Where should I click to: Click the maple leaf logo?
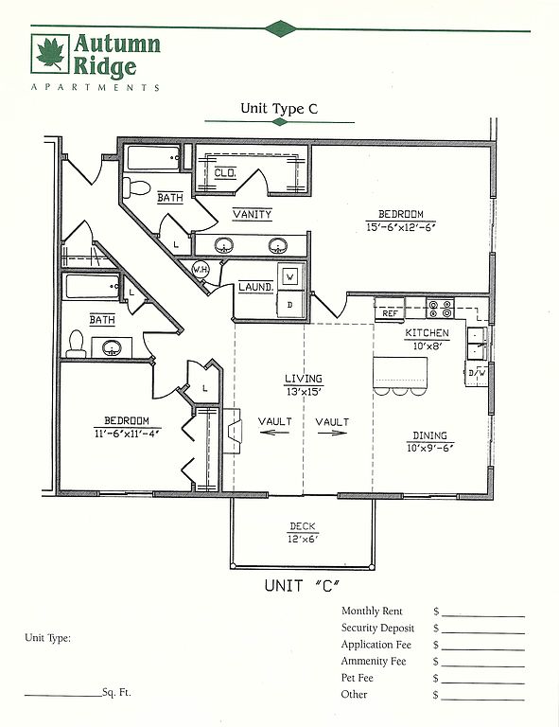(50, 53)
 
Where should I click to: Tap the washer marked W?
(290, 277)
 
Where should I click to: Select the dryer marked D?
(290, 304)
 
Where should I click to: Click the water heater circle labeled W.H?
(201, 270)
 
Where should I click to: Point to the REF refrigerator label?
(390, 313)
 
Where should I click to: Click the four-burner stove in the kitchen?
(440, 309)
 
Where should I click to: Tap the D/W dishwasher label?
(477, 372)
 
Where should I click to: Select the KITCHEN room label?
(427, 333)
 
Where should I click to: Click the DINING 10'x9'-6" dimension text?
(430, 448)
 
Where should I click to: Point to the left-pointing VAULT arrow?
(274, 433)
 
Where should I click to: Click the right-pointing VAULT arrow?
(332, 433)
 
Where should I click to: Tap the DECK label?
(303, 526)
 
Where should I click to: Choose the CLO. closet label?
(225, 173)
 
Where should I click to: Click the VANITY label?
(252, 214)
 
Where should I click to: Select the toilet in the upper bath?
(135, 187)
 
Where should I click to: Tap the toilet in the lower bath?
(76, 344)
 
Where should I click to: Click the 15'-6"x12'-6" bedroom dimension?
(401, 227)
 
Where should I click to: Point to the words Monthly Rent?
(372, 612)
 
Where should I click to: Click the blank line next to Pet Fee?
(483, 683)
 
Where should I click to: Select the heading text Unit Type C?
(279, 109)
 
